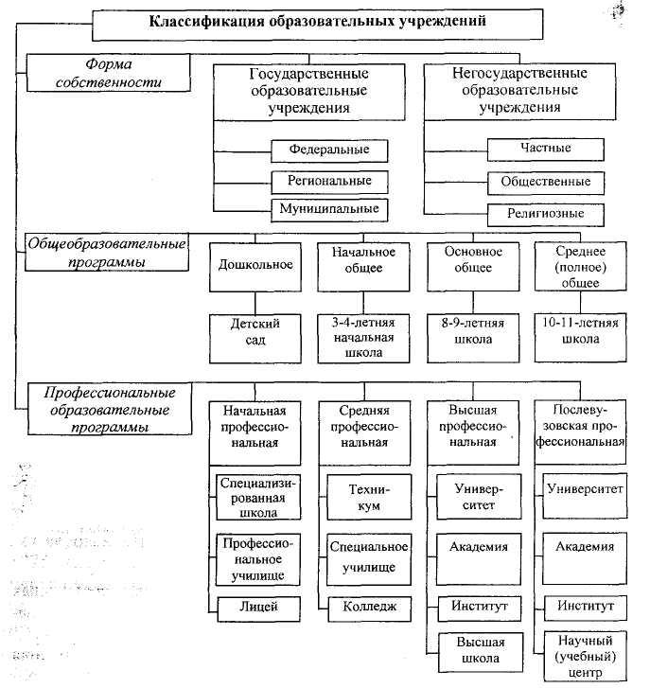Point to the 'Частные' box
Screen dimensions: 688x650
(x=545, y=149)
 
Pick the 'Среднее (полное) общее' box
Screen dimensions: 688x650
(x=580, y=267)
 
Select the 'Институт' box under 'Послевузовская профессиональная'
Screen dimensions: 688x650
(x=584, y=605)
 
